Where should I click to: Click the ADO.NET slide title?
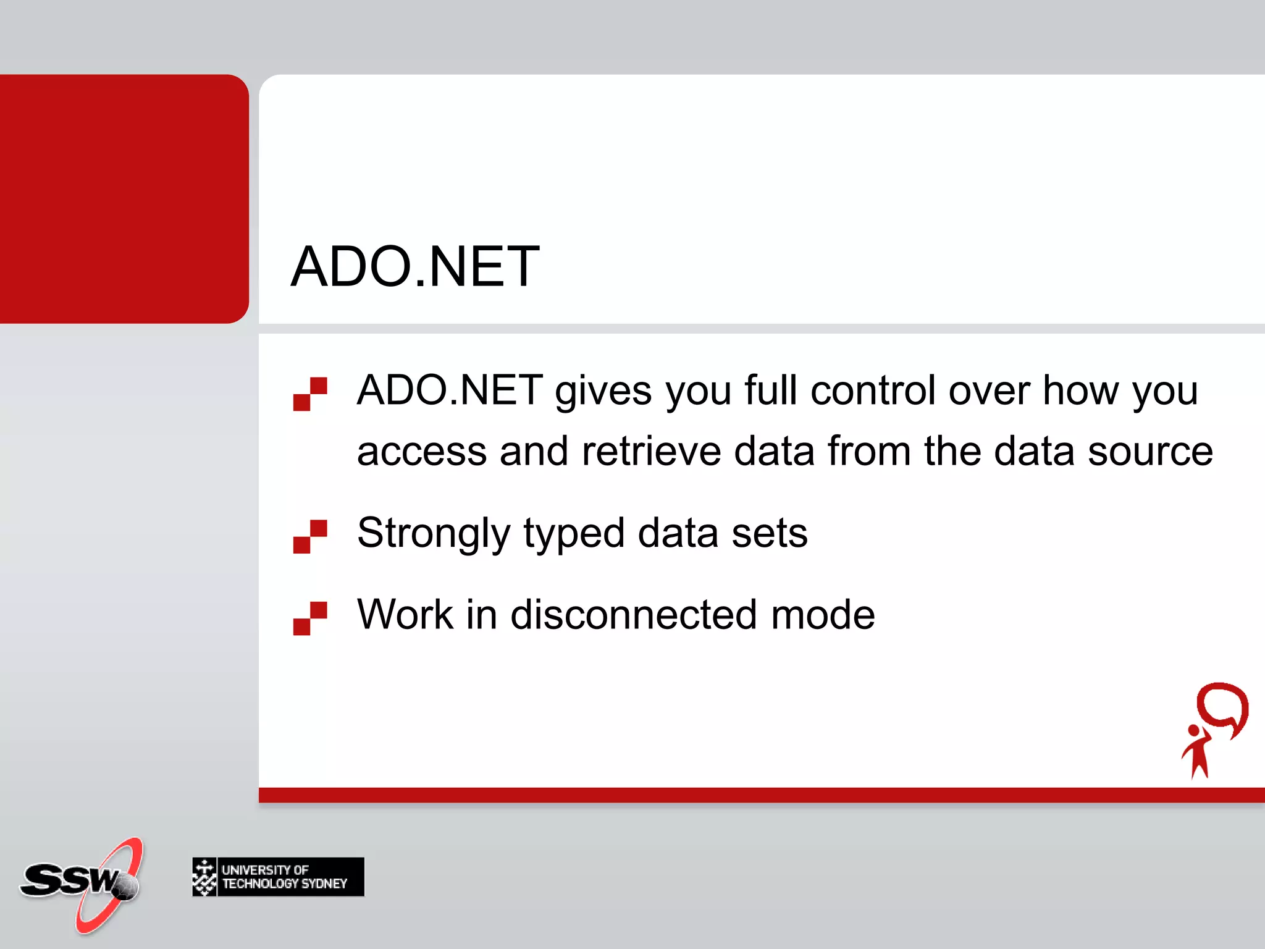tap(415, 267)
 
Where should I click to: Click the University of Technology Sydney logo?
tap(278, 877)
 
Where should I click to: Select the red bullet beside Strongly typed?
tap(310, 536)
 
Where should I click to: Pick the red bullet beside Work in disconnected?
tap(310, 618)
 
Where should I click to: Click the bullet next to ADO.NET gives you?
tap(310, 394)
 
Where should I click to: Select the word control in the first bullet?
tap(873, 391)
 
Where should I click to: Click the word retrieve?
tap(651, 451)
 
